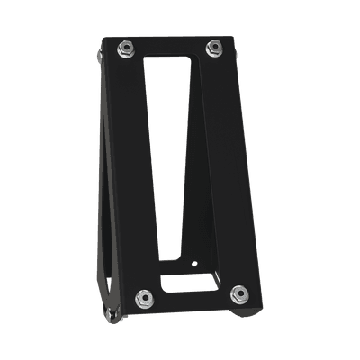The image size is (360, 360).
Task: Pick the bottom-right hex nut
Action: point(239,292)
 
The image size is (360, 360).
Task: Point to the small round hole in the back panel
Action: point(197,265)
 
